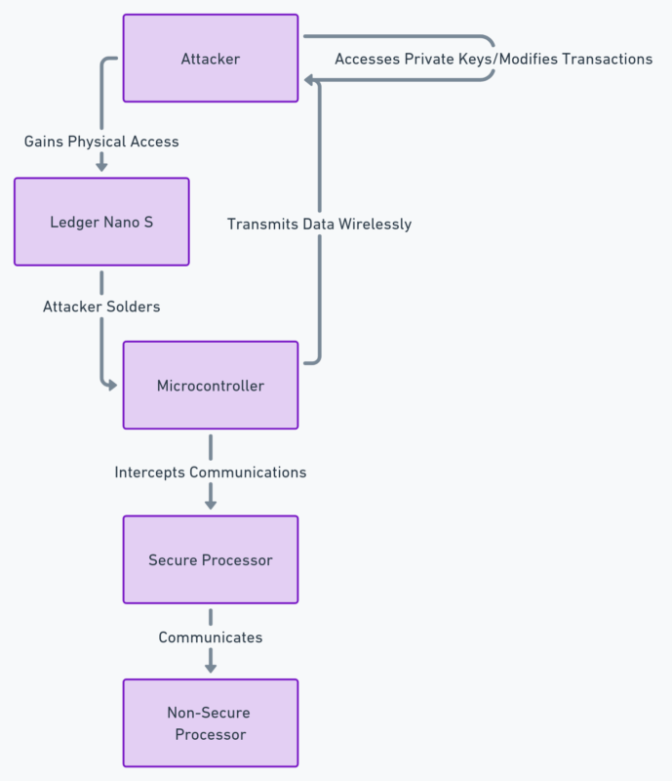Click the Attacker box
pyautogui.click(x=210, y=59)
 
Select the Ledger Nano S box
pyautogui.click(x=101, y=222)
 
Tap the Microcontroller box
pyautogui.click(x=210, y=386)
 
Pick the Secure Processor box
pyautogui.click(x=210, y=559)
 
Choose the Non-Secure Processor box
pyautogui.click(x=210, y=723)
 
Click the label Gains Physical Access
pyautogui.click(x=101, y=142)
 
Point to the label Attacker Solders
pyautogui.click(x=101, y=307)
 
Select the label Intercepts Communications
pyautogui.click(x=210, y=473)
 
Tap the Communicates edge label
pyautogui.click(x=210, y=637)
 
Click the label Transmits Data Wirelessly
pyautogui.click(x=319, y=225)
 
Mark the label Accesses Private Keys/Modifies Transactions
pyautogui.click(x=494, y=60)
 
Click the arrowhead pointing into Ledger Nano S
pyautogui.click(x=101, y=167)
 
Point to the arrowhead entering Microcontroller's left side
pyautogui.click(x=112, y=386)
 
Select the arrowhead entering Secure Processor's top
pyautogui.click(x=210, y=504)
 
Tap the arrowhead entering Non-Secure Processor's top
pyautogui.click(x=210, y=668)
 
